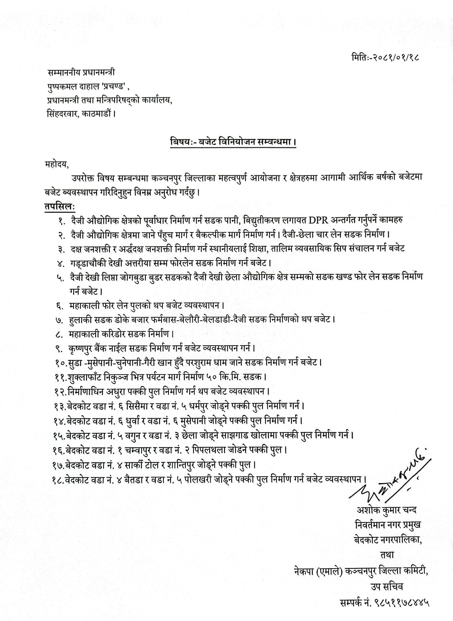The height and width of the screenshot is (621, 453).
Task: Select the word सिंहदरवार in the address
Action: (x=60, y=114)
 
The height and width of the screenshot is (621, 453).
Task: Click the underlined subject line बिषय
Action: (x=233, y=142)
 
